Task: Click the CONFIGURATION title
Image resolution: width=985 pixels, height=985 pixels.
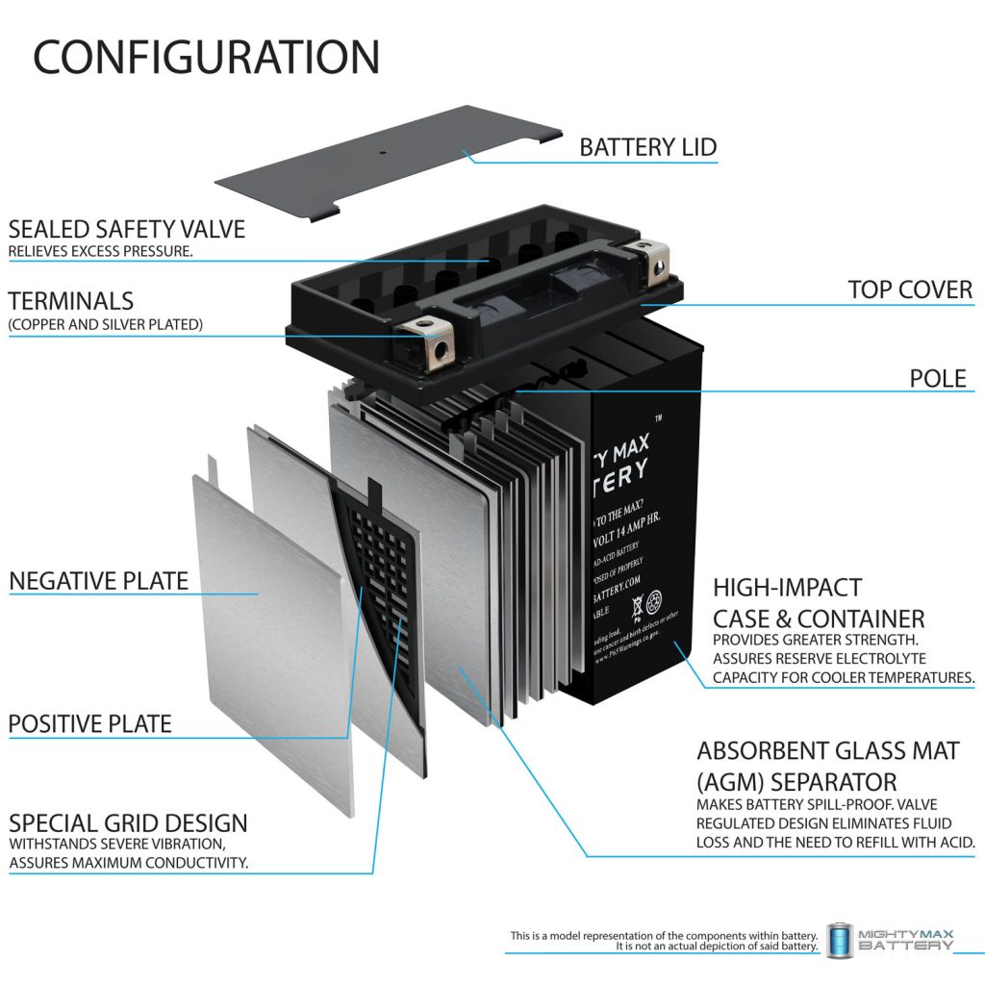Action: tap(206, 58)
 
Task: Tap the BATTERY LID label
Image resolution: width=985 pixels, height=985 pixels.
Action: tap(647, 147)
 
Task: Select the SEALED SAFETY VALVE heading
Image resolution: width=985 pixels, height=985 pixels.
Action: tap(127, 229)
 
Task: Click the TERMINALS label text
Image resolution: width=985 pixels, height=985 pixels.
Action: tap(71, 301)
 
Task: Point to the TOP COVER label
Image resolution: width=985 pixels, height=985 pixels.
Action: tap(909, 290)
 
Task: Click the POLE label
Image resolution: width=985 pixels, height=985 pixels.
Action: tap(938, 378)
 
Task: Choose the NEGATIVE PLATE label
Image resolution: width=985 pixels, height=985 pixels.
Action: tap(99, 581)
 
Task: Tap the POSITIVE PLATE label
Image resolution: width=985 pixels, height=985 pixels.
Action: tap(90, 723)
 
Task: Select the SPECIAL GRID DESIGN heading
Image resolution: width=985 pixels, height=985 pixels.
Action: tap(128, 823)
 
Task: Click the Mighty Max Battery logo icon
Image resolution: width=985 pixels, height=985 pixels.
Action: tap(840, 939)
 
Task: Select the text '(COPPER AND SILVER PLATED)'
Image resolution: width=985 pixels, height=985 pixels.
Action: tap(106, 325)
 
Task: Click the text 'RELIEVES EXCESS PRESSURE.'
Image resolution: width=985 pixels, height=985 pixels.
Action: tap(101, 252)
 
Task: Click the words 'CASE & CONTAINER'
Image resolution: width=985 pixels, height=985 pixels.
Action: tap(819, 618)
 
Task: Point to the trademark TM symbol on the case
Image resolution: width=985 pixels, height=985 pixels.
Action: tap(658, 419)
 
